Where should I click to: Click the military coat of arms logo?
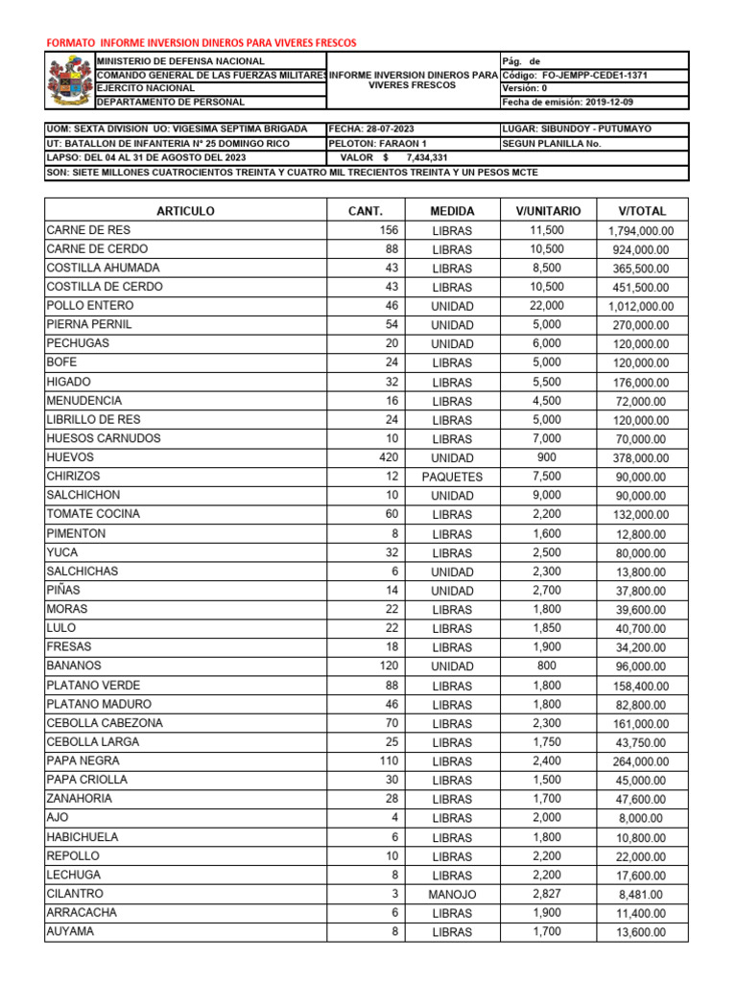[70, 81]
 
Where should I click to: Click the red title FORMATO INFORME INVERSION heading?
[202, 43]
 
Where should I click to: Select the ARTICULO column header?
[185, 211]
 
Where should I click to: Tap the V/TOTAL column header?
[642, 211]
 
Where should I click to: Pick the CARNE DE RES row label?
[88, 230]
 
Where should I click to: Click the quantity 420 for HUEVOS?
[388, 457]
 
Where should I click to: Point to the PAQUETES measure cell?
[452, 477]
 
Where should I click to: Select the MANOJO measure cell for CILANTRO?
[452, 894]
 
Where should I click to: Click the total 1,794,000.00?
[642, 231]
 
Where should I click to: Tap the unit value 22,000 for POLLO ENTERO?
[547, 306]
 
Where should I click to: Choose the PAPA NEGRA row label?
[83, 760]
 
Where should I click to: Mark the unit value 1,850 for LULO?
[547, 627]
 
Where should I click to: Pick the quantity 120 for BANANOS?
[388, 666]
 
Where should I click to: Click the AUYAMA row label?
[70, 931]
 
